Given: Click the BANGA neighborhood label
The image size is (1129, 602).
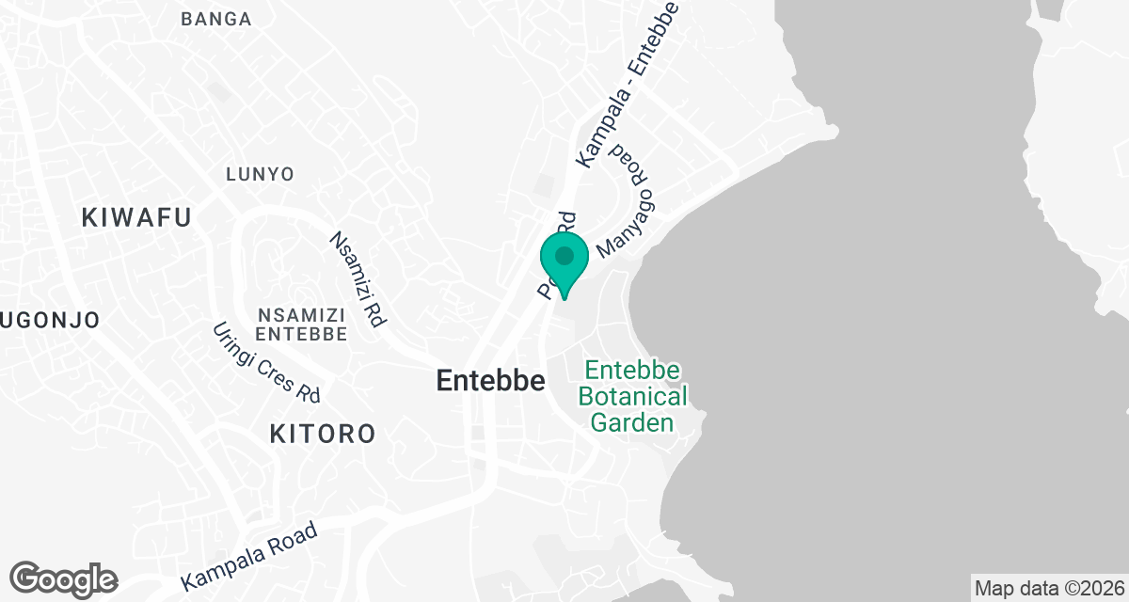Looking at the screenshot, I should pyautogui.click(x=216, y=19).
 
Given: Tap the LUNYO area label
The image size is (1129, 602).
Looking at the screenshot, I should pyautogui.click(x=261, y=174).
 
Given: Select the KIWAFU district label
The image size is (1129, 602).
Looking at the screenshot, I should pyautogui.click(x=136, y=217).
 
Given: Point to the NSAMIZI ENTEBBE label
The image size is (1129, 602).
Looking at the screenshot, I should pyautogui.click(x=301, y=324).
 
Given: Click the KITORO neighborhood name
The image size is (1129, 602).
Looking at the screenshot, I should pyautogui.click(x=323, y=434).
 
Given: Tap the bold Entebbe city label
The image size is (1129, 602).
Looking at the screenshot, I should pyautogui.click(x=491, y=381).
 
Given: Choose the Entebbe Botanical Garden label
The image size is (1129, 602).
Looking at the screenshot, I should pyautogui.click(x=632, y=396).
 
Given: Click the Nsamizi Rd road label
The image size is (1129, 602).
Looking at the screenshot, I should pyautogui.click(x=358, y=279).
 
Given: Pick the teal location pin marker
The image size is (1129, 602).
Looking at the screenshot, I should pyautogui.click(x=564, y=264).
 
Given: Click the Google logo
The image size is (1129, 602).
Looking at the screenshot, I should pyautogui.click(x=63, y=578).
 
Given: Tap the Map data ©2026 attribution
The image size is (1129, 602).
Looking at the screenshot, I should pyautogui.click(x=1049, y=588).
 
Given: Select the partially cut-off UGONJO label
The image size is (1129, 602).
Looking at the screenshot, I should pyautogui.click(x=49, y=320).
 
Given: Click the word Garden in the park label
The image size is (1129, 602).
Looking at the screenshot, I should pyautogui.click(x=632, y=422).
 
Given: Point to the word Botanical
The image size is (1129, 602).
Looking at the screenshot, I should pyautogui.click(x=632, y=396).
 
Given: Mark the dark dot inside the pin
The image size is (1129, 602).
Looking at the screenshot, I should pyautogui.click(x=564, y=256).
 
